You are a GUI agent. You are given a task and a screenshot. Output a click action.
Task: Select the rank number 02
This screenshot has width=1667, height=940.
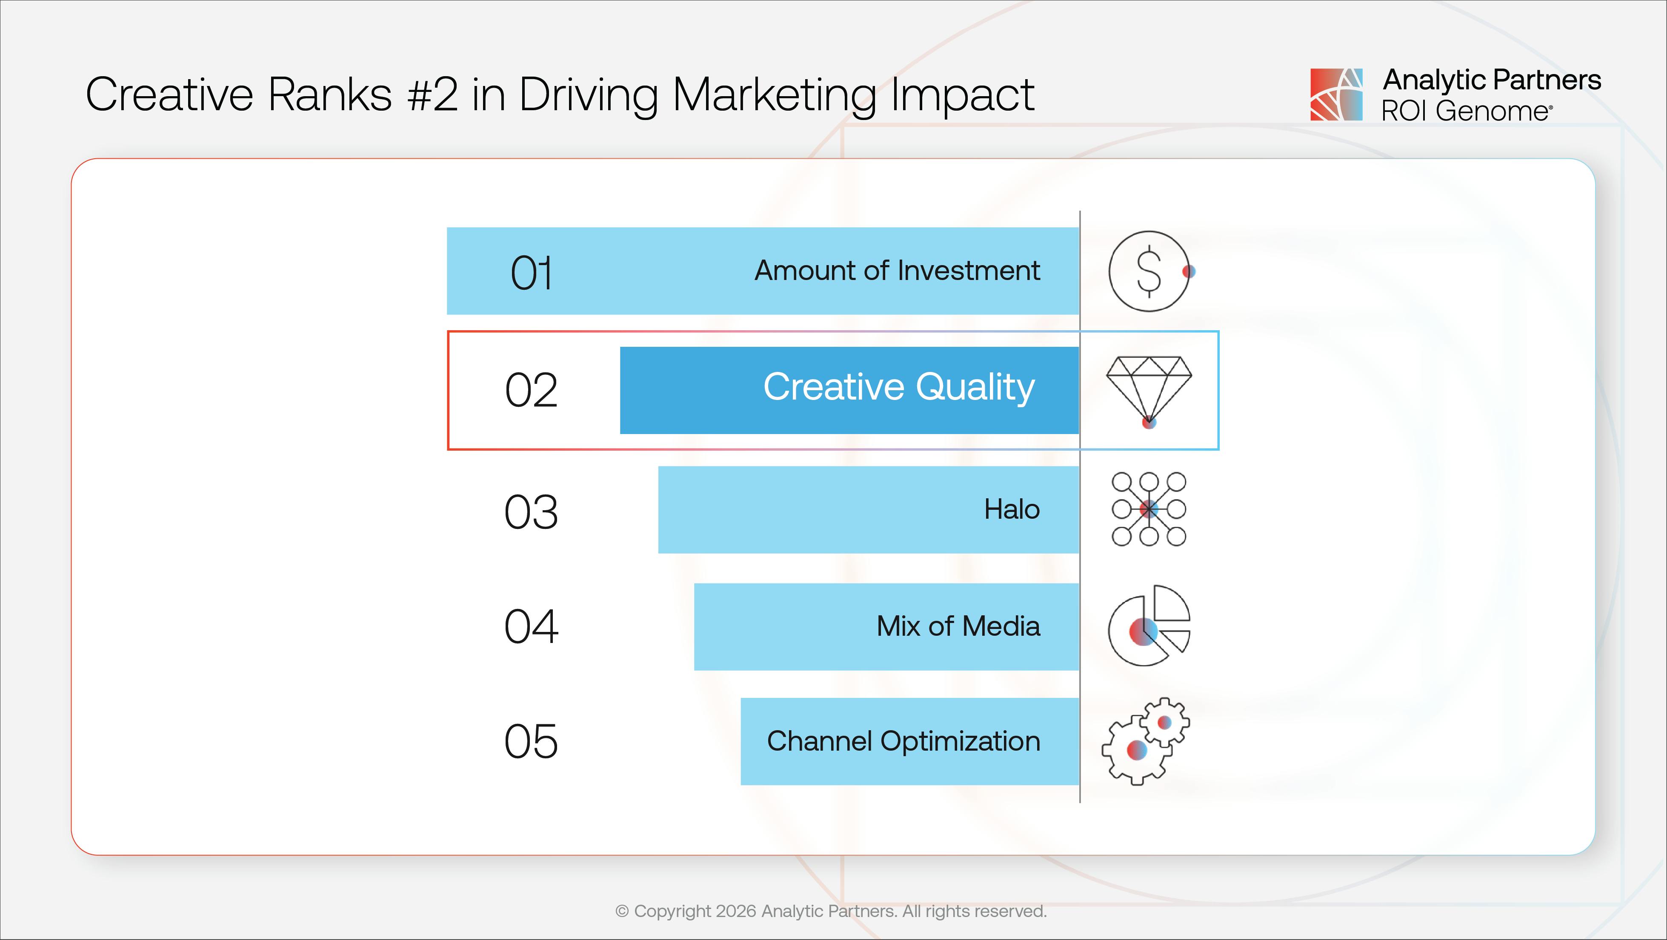coord(531,390)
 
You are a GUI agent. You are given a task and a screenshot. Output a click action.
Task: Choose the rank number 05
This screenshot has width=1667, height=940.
coord(531,741)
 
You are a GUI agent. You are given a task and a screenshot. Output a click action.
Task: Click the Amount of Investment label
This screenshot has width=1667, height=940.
coord(897,270)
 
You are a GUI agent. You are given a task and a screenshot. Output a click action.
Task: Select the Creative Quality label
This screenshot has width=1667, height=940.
coord(898,387)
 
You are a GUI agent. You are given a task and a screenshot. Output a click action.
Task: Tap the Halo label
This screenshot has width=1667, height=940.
coord(1012,509)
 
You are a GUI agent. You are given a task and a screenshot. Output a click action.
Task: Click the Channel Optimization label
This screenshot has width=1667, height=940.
coord(904,741)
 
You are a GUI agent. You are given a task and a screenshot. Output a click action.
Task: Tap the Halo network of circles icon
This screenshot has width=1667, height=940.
coord(1149,509)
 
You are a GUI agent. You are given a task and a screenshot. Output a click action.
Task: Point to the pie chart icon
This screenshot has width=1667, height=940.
coord(1149,626)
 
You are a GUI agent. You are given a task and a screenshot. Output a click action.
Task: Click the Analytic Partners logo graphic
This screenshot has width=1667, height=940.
coord(1336,94)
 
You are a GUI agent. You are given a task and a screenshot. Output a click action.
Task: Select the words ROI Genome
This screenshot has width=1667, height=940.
coord(1465,111)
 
